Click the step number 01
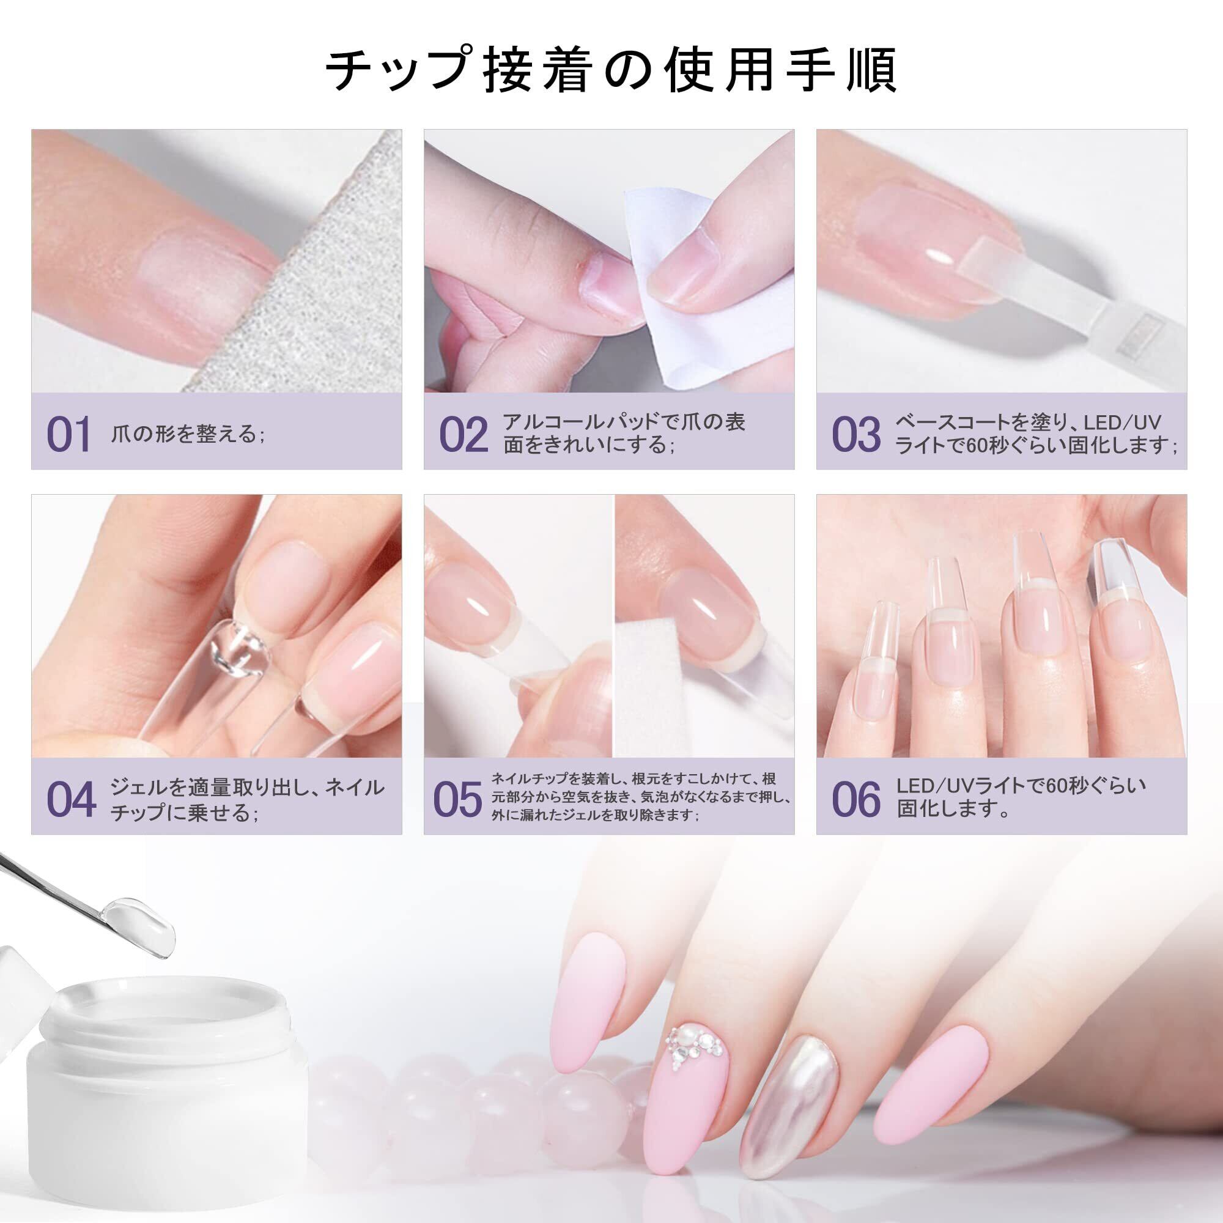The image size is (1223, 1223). click(69, 434)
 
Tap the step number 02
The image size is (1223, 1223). click(464, 434)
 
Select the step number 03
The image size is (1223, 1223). click(857, 434)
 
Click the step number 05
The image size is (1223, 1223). click(457, 799)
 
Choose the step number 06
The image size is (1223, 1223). click(857, 799)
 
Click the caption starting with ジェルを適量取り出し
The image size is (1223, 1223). click(248, 800)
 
